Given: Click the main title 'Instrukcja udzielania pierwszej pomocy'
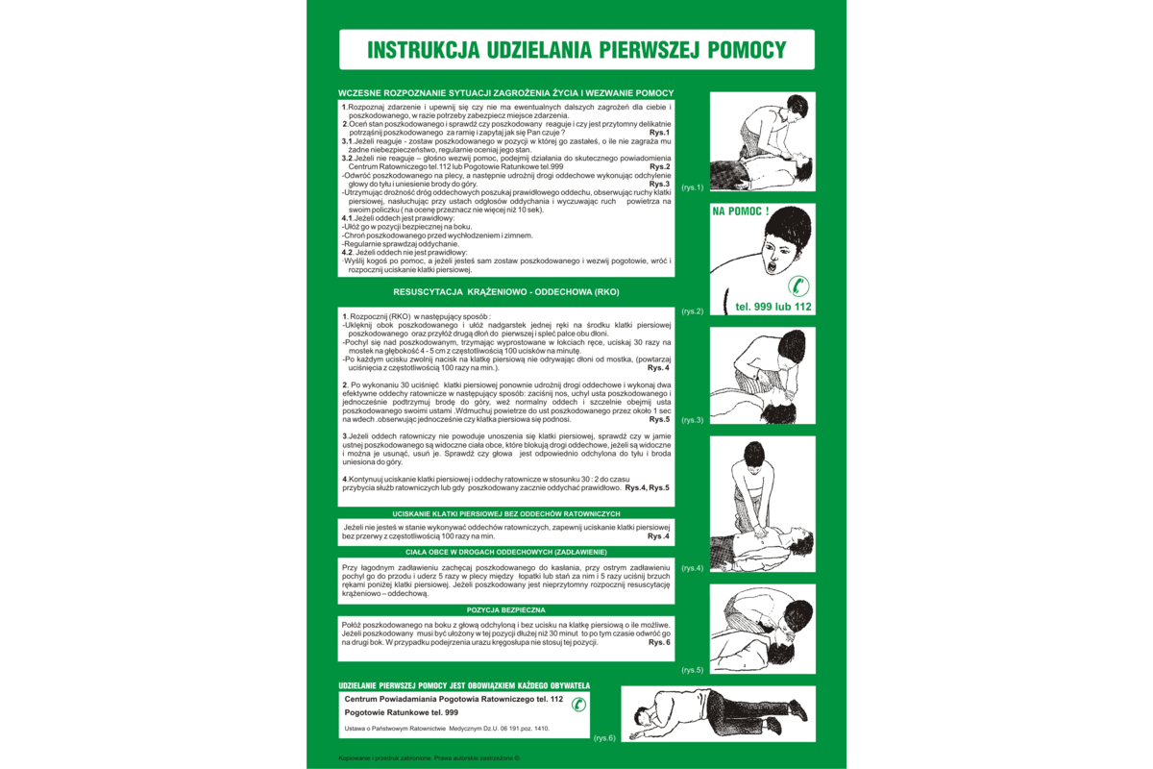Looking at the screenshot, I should pyautogui.click(x=576, y=50).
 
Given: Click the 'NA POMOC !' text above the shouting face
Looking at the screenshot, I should pyautogui.click(x=741, y=211).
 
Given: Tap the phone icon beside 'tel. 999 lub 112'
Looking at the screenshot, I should pyautogui.click(x=798, y=285).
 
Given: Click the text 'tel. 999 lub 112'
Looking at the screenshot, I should pyautogui.click(x=773, y=307).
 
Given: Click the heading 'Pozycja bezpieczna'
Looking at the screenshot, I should pyautogui.click(x=505, y=609).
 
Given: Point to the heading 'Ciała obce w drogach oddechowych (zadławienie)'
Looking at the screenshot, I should pyautogui.click(x=505, y=552).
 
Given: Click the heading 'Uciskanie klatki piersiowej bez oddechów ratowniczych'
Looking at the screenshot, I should pyautogui.click(x=505, y=513).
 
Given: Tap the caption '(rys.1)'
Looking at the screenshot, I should pyautogui.click(x=692, y=187).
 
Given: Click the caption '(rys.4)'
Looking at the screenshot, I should pyautogui.click(x=692, y=568).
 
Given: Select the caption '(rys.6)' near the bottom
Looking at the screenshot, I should pyautogui.click(x=604, y=737).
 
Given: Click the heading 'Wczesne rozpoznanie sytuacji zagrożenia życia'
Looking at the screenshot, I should pyautogui.click(x=505, y=92).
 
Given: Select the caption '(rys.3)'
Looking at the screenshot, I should pyautogui.click(x=692, y=420).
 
